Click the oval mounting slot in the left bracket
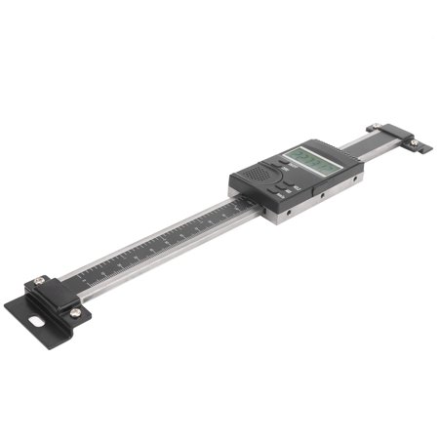38,317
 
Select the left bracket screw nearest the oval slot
75,312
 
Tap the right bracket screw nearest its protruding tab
414,143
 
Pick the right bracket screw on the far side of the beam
375,126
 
